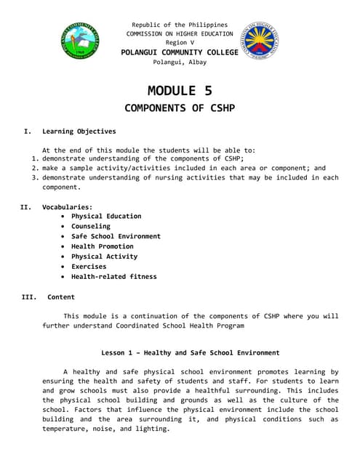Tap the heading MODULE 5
pyautogui.click(x=180, y=91)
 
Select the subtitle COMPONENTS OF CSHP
pyautogui.click(x=180, y=109)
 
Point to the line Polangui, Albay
pyautogui.click(x=180, y=62)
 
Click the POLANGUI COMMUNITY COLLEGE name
pyautogui.click(x=180, y=53)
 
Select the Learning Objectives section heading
pyautogui.click(x=79, y=132)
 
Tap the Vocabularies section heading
pyautogui.click(x=67, y=207)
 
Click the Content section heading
pyautogui.click(x=61, y=296)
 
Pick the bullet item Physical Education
pyautogui.click(x=106, y=216)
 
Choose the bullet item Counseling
pyautogui.click(x=91, y=226)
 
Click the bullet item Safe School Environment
pyautogui.click(x=116, y=236)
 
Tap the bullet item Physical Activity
pyautogui.click(x=104, y=256)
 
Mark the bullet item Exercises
pyautogui.click(x=89, y=267)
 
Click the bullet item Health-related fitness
pyautogui.click(x=113, y=277)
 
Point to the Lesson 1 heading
pyautogui.click(x=190, y=352)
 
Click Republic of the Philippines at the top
pyautogui.click(x=180, y=25)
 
